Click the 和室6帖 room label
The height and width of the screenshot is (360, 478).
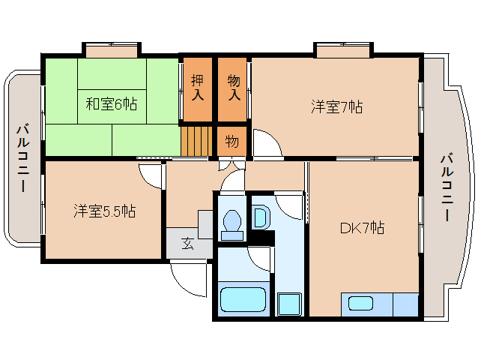coord(112,104)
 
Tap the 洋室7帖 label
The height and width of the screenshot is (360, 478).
coord(337,107)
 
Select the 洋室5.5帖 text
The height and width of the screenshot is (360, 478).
coord(105,211)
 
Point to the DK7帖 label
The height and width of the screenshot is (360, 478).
coord(362,228)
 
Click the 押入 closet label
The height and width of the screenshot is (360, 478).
coord(198,88)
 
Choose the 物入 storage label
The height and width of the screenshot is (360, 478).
coord(234,88)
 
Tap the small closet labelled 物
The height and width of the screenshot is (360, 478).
coord(232,142)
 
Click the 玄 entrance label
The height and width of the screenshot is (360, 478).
coord(187,244)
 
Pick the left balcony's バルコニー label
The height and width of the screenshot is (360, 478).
coord(23,158)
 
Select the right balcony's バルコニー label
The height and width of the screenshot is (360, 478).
coord(447,188)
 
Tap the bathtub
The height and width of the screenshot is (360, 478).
coord(243,299)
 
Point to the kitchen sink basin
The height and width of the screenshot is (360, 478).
coord(361,304)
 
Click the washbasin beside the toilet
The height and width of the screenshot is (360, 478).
coord(261,217)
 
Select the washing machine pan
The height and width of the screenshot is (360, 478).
coord(289,304)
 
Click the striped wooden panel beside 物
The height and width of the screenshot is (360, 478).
coord(196,141)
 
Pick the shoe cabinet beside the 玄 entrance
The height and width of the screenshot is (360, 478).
coord(205,224)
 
